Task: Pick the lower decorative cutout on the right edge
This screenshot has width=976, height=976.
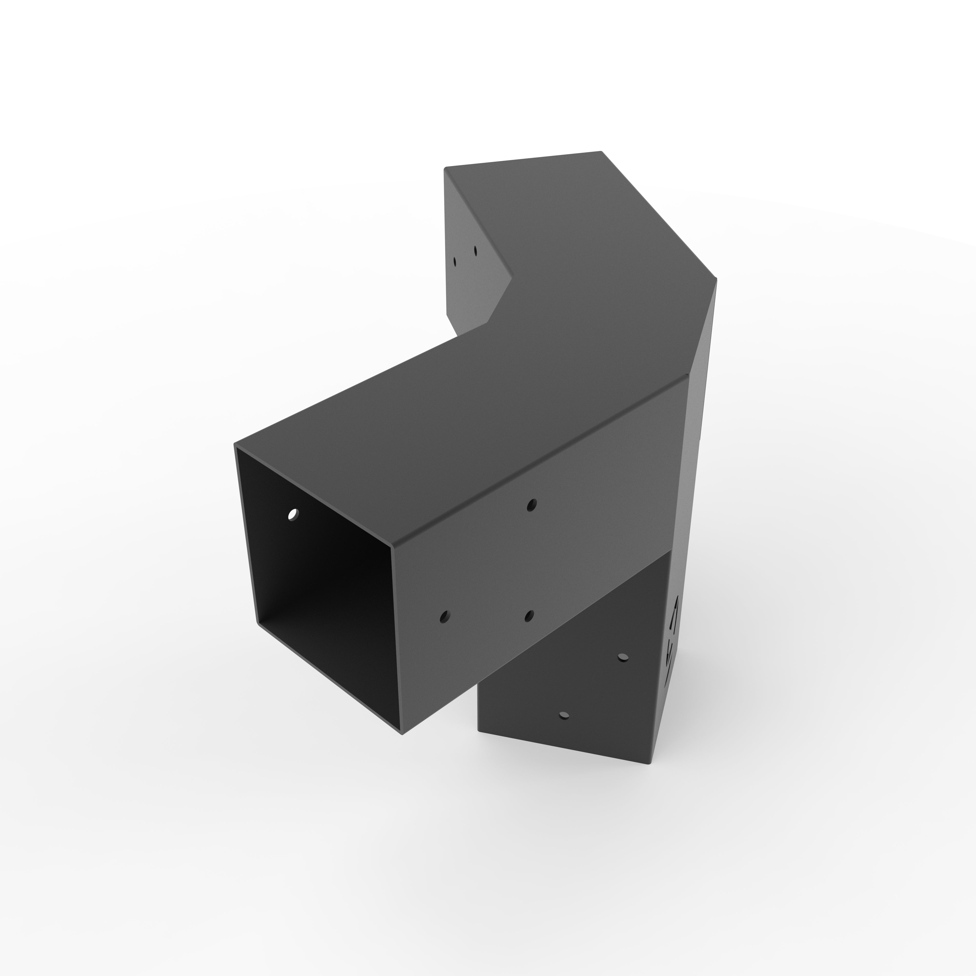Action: pos(670,657)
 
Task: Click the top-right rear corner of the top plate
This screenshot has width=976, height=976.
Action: pos(601,152)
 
